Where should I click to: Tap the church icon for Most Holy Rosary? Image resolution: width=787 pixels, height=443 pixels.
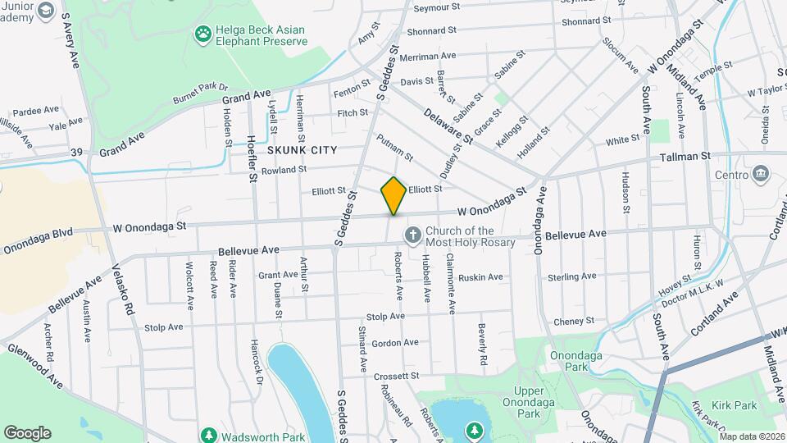coord(412,236)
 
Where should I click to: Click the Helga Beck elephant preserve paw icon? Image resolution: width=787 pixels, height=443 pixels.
coord(202,34)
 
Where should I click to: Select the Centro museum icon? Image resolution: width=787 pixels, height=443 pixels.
coord(760,174)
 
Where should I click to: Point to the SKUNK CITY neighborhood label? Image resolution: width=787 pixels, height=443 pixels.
coord(302,150)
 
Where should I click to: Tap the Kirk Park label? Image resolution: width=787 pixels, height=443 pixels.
coord(734,405)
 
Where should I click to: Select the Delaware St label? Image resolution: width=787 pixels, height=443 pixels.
coord(448,127)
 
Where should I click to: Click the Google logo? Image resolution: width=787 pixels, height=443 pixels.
coord(27,432)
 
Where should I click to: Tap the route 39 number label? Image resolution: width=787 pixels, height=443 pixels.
coord(76,152)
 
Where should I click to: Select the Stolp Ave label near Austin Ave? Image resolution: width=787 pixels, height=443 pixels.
coord(164,327)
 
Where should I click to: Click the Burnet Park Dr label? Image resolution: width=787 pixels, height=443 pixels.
coord(199,91)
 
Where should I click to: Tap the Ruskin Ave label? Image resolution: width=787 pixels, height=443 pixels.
coord(480,277)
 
